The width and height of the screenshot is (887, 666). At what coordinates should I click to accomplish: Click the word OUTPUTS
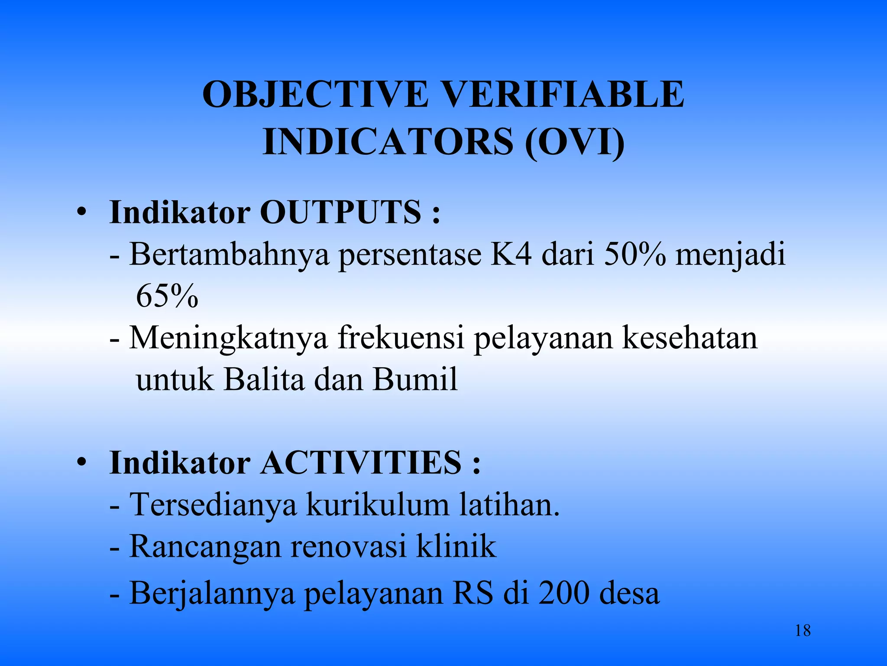340,212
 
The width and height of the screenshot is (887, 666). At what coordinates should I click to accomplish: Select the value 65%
167,297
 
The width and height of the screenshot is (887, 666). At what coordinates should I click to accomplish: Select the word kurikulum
378,505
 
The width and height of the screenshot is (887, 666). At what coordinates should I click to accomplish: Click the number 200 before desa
563,593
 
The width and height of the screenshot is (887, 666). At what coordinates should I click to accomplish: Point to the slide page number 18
803,630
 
